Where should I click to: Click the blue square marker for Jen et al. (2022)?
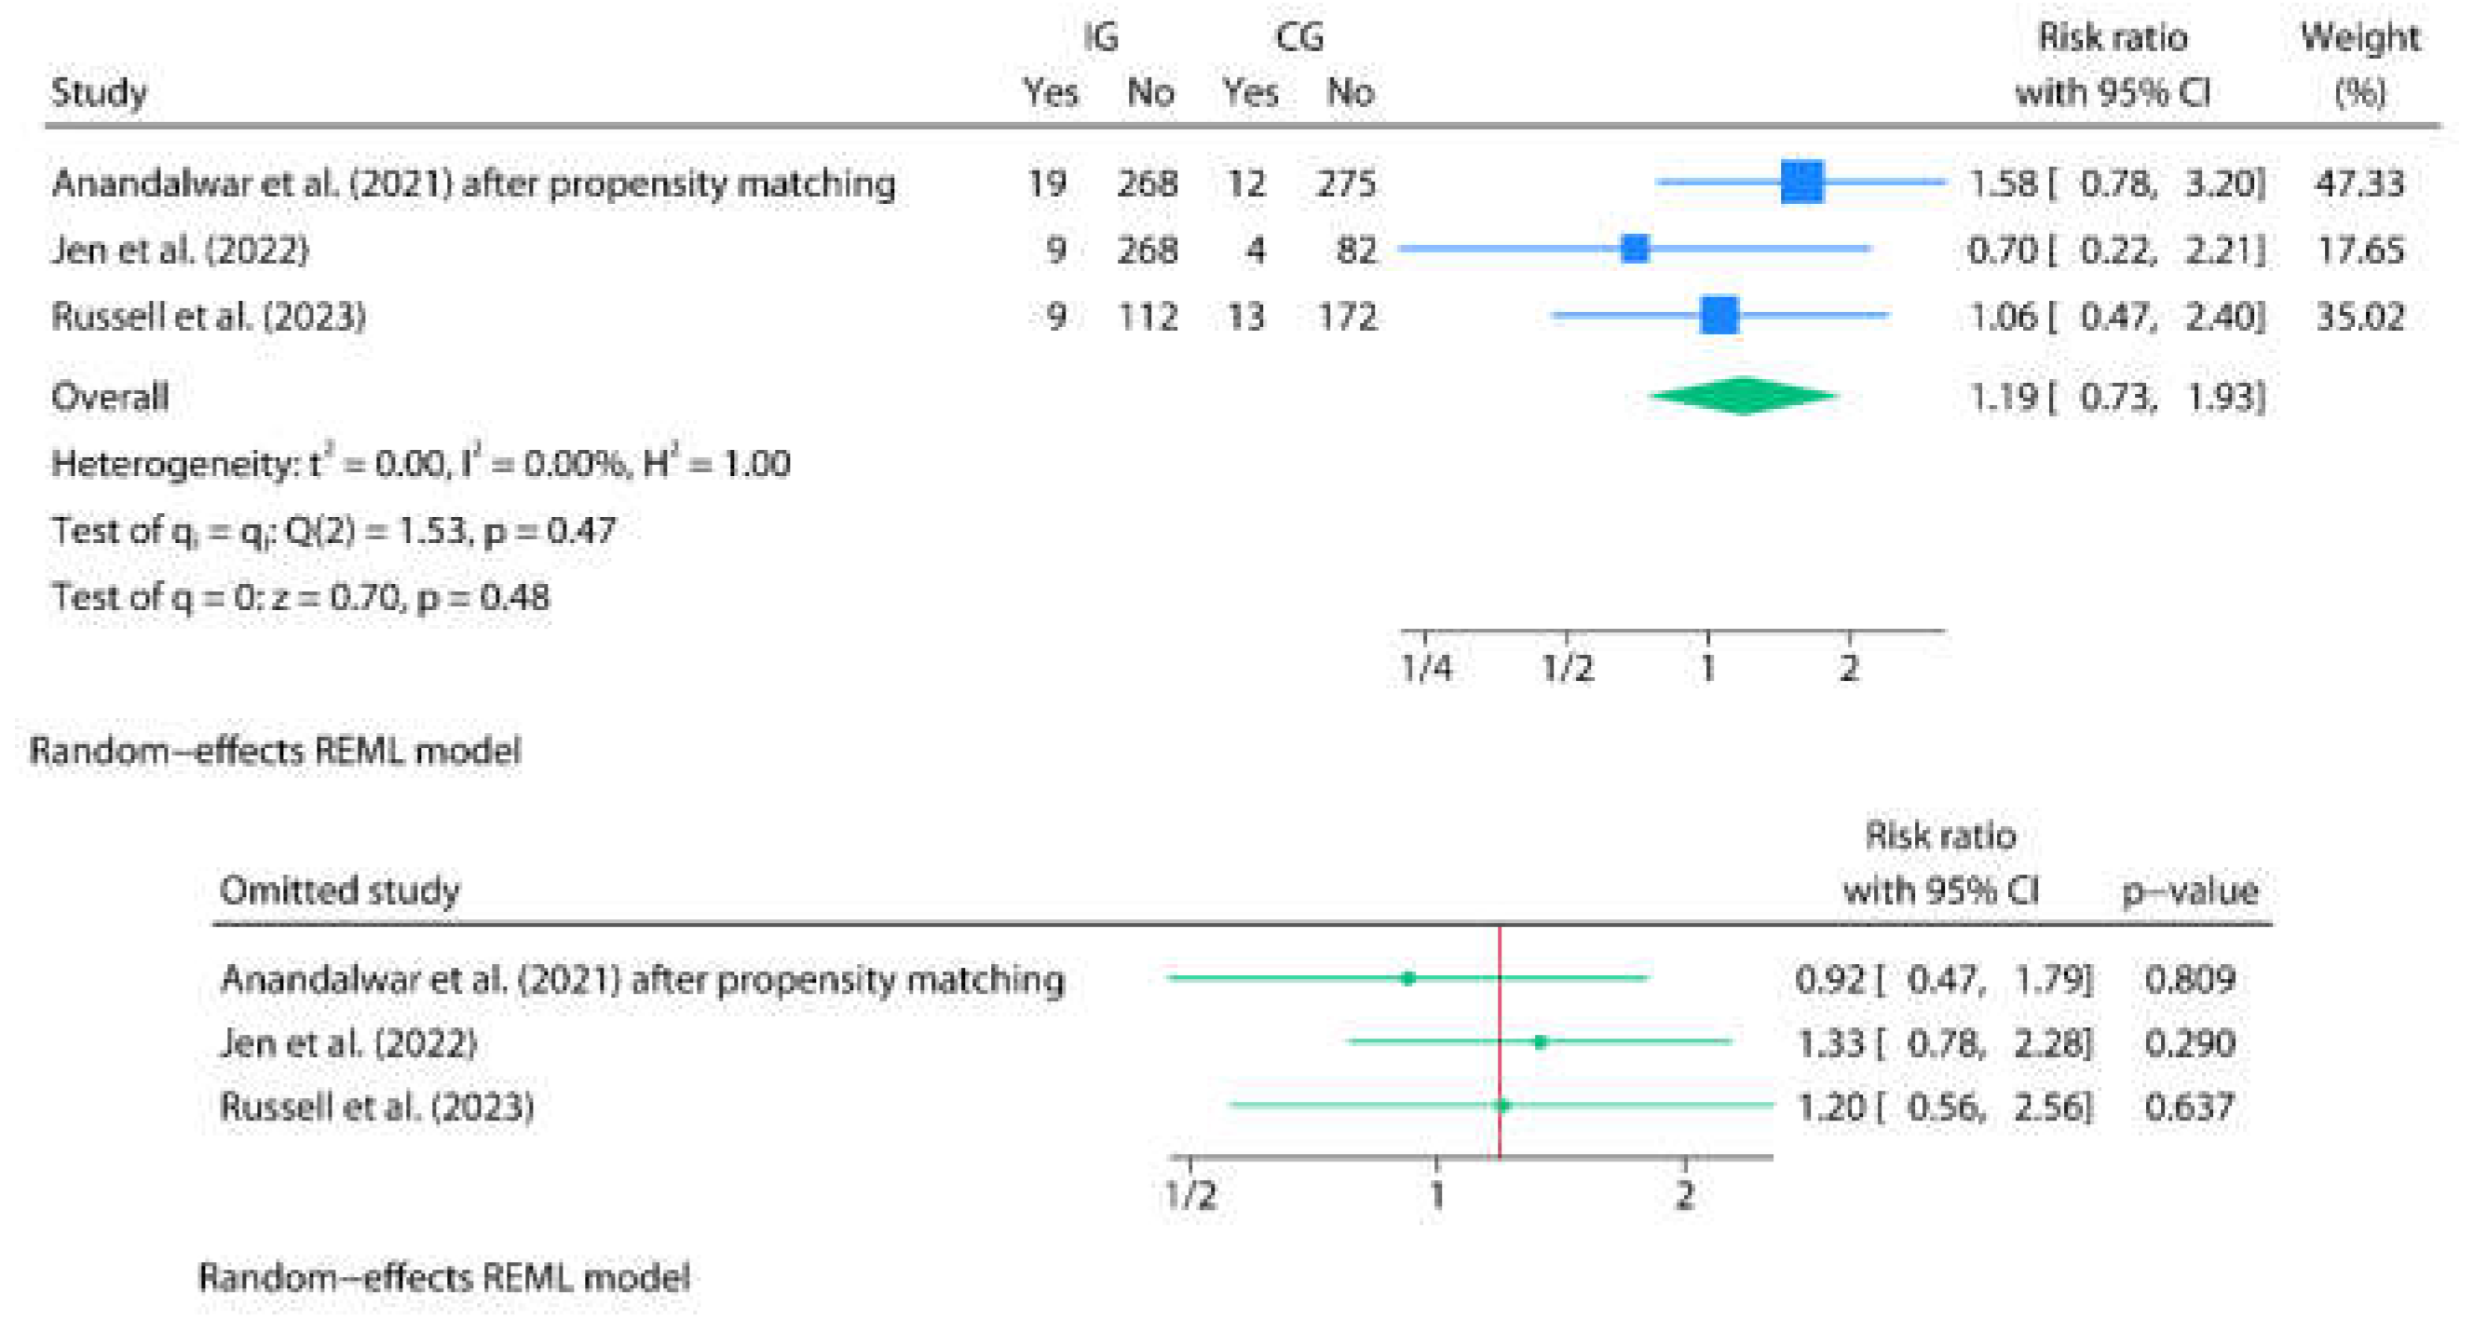(1634, 249)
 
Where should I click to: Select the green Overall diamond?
(1743, 396)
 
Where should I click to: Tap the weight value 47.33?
(2358, 183)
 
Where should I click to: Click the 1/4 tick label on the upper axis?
(1426, 667)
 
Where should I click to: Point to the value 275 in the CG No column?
(1346, 183)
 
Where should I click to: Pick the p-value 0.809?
(2189, 979)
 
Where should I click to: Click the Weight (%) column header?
(2359, 65)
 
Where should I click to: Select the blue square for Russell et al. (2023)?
(1719, 315)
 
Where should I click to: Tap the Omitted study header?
(340, 890)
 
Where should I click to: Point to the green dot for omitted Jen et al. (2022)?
(1540, 1041)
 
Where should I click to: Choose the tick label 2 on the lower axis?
(1685, 1195)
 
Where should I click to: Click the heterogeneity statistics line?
(420, 464)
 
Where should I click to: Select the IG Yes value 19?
(1046, 183)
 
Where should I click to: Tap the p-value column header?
(2189, 890)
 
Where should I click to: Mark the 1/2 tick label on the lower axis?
(1190, 1195)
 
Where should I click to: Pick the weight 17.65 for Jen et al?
(2359, 250)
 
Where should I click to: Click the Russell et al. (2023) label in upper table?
(209, 316)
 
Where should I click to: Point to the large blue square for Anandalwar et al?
(1801, 182)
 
